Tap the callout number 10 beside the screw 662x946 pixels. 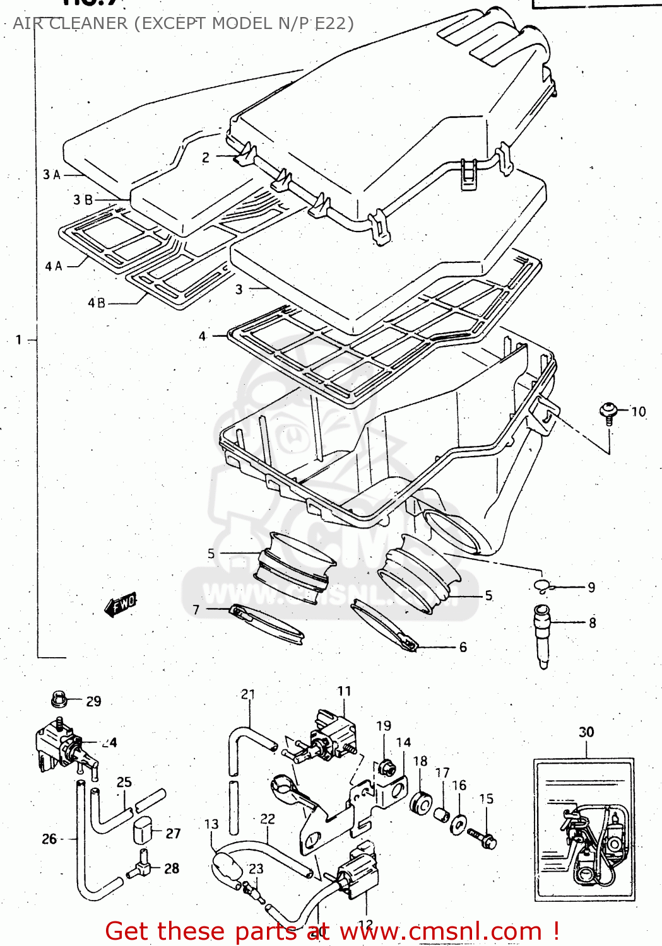638,412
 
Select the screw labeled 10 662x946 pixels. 608,412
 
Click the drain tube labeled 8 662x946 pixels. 542,634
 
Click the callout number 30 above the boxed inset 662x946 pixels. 586,732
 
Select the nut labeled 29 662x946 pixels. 59,699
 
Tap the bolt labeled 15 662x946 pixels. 483,838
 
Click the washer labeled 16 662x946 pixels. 459,824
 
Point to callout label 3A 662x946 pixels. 52,175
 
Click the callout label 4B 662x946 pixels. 97,303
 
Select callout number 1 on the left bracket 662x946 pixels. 19,340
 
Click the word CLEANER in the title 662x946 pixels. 88,23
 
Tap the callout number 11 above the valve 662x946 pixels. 344,691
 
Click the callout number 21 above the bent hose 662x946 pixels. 248,694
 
